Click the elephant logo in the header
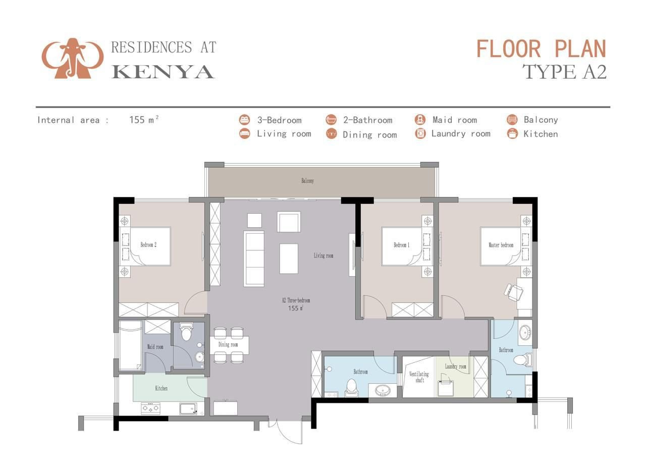tap(72, 58)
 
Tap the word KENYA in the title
tap(163, 72)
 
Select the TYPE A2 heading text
tap(564, 72)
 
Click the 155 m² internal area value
tap(144, 120)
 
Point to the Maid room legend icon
tap(420, 119)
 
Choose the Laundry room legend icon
tap(420, 133)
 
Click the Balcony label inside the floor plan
tap(307, 181)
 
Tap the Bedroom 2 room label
tap(148, 245)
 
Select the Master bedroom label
tap(501, 245)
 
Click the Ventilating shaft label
tap(419, 377)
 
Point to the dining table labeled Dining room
tap(229, 345)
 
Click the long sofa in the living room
tap(254, 259)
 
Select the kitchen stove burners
tap(150, 408)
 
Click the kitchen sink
tap(188, 408)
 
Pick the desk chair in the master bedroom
tap(513, 292)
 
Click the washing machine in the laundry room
tap(446, 388)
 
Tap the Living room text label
tap(324, 255)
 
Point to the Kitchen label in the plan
tap(161, 388)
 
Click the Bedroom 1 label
tap(401, 245)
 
